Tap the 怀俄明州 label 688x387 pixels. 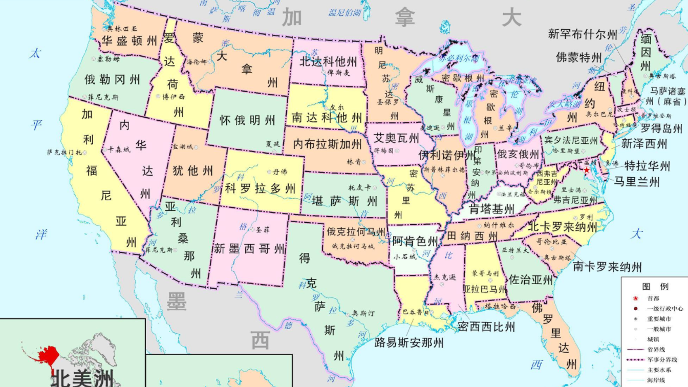[247, 120]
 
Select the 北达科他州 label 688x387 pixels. [328, 61]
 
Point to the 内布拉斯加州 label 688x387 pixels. [327, 144]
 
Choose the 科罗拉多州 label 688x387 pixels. [261, 188]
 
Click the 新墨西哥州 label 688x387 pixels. [249, 249]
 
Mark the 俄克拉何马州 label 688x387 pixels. [356, 232]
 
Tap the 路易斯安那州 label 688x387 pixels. [408, 342]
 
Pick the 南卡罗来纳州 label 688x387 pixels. [607, 266]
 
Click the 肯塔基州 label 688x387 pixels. [492, 209]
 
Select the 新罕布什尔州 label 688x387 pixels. [583, 34]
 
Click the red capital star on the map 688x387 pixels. [587, 169]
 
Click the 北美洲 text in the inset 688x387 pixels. [82, 379]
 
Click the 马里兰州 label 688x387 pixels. [637, 181]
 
